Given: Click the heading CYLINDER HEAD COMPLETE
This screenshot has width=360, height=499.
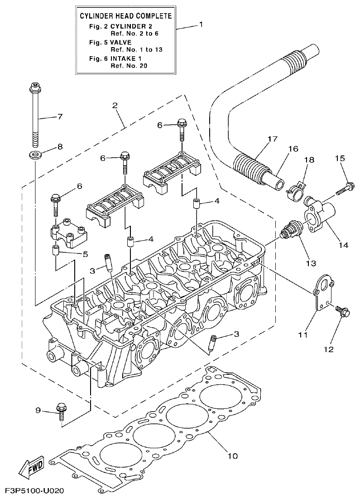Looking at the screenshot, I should (125, 16).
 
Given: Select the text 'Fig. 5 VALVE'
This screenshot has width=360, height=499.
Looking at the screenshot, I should (110, 42).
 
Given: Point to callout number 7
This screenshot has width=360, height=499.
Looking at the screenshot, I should (59, 116).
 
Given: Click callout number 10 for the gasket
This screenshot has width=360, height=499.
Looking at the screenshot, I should (232, 455).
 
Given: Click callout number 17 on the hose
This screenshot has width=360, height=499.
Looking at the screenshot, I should (272, 140).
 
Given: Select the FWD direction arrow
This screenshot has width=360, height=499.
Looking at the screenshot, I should (31, 467).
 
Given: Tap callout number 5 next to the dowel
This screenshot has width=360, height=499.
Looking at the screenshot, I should (85, 254).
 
